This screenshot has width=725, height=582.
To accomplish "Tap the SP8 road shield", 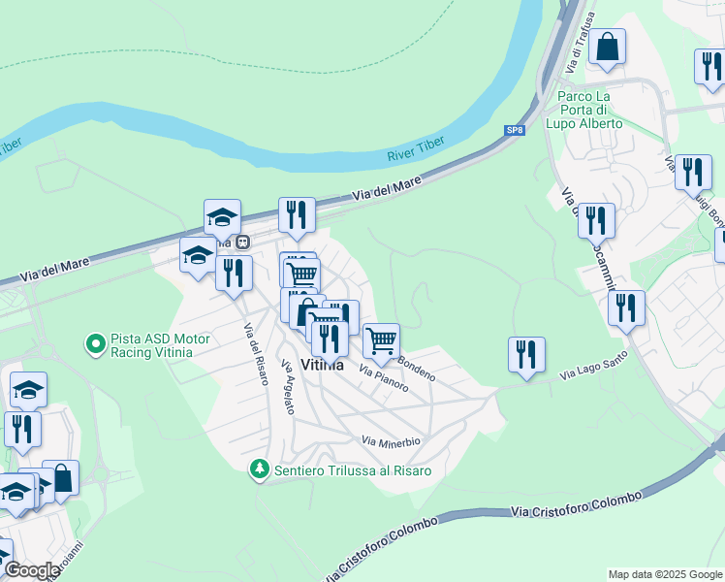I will pyautogui.click(x=514, y=129).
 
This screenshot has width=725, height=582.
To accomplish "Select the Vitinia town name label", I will pyautogui.click(x=323, y=366).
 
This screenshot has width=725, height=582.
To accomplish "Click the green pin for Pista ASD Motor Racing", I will pyautogui.click(x=96, y=343).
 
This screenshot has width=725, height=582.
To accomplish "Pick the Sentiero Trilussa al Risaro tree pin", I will pyautogui.click(x=259, y=469).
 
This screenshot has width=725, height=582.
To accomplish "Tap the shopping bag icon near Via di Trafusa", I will pyautogui.click(x=607, y=48).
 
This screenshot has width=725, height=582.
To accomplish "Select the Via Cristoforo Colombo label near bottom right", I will pyautogui.click(x=576, y=504).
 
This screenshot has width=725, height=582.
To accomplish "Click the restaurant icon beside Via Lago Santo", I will pyautogui.click(x=526, y=354).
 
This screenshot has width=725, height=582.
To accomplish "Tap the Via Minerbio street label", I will pyautogui.click(x=391, y=441).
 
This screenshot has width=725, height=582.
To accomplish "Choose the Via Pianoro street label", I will pyautogui.click(x=383, y=378).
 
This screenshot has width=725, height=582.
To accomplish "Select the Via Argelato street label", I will pyautogui.click(x=287, y=387).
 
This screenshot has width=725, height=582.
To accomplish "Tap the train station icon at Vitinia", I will pyautogui.click(x=243, y=242).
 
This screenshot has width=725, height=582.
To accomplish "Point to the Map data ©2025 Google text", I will pyautogui.click(x=665, y=574).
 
